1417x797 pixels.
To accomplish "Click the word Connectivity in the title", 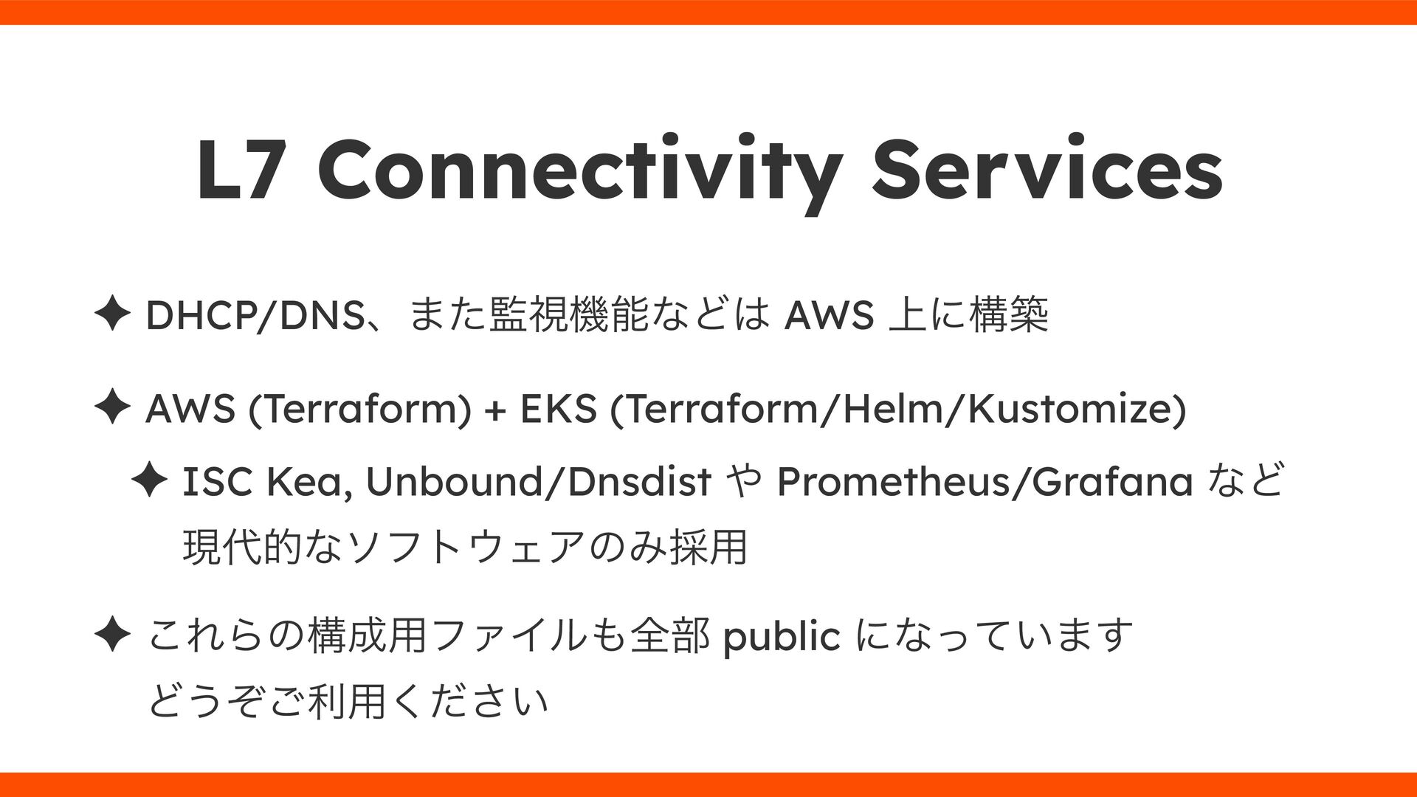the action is click(x=579, y=171).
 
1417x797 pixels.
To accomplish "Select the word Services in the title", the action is click(x=1047, y=171).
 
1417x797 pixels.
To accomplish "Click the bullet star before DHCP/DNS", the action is click(x=113, y=317).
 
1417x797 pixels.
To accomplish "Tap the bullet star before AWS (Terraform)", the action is click(x=113, y=410).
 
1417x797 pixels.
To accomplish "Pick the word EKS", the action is click(x=558, y=410).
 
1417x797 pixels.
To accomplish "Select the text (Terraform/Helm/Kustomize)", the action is click(x=898, y=410).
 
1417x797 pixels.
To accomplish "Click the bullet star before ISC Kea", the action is click(x=148, y=483).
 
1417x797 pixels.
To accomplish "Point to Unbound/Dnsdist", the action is click(x=538, y=483).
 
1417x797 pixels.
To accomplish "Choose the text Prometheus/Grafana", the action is click(x=985, y=483).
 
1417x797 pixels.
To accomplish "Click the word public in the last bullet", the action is click(x=782, y=636).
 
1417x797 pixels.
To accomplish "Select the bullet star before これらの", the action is click(x=113, y=636).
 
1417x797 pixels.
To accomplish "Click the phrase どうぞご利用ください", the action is click(x=348, y=700).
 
